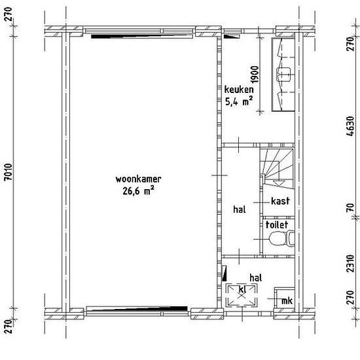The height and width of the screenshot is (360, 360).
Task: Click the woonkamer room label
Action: tap(138, 179)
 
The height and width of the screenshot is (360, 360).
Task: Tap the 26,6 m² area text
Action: tap(138, 191)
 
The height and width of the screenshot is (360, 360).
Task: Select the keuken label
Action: tap(239, 90)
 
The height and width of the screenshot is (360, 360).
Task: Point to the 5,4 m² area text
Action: tap(239, 101)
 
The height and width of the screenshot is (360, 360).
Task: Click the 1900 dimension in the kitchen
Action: tap(255, 75)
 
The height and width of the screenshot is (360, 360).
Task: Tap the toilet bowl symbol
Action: tap(282, 238)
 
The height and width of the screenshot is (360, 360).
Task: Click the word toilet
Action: tap(277, 225)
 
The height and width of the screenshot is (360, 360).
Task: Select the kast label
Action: tap(280, 201)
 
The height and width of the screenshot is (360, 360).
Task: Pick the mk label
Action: tap(287, 300)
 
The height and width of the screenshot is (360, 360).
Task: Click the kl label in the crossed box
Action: tap(242, 289)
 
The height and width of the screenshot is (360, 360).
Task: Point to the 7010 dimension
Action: tap(9, 172)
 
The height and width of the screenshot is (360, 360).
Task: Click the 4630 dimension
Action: tap(351, 126)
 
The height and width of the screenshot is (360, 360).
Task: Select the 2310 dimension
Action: tap(351, 263)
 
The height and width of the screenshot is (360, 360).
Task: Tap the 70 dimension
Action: tap(351, 208)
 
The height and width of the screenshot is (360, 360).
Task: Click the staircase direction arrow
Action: tap(279, 183)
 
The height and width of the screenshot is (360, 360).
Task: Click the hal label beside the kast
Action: tap(240, 209)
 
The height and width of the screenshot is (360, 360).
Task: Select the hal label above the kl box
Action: tap(256, 278)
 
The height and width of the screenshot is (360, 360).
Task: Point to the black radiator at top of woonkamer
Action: tap(142, 36)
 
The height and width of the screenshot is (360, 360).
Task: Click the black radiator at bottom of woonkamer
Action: tap(137, 308)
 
